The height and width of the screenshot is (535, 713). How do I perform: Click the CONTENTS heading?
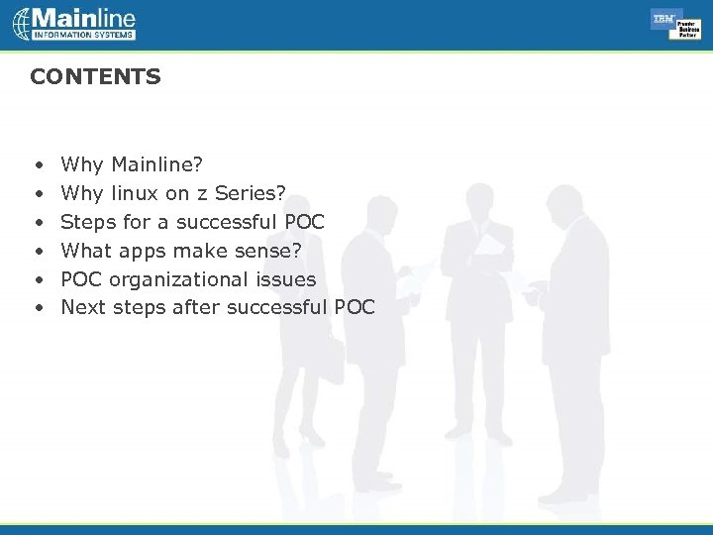pos(95,77)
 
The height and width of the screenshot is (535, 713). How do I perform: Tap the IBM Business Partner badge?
pos(675,24)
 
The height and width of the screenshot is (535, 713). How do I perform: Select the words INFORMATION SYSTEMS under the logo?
pos(84,35)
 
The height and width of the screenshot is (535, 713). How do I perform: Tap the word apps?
pos(143,250)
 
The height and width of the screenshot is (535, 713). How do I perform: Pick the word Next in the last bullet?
pos(83,307)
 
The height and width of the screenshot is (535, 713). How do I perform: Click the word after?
pos(196,307)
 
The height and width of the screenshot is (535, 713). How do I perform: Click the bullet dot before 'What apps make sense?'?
pos(37,251)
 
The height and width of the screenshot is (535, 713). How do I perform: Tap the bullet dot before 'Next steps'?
pos(37,308)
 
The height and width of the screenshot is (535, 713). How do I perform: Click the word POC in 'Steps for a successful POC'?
pos(304,221)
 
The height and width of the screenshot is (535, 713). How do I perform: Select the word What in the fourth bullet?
pos(86,250)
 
